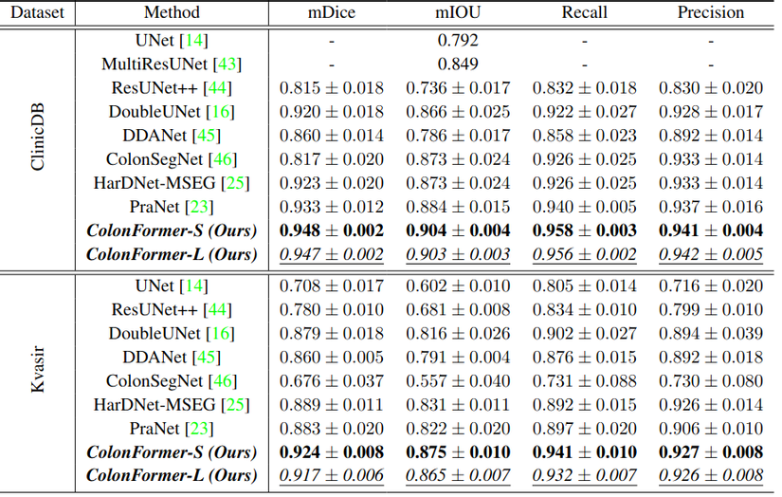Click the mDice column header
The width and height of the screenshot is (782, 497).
point(331,13)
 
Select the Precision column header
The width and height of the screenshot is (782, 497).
point(710,13)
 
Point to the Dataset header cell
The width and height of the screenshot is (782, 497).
point(38,13)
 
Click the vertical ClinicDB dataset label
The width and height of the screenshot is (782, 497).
point(38,148)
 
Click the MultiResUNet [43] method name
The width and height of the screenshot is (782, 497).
point(172,64)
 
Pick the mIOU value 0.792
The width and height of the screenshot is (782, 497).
point(458,41)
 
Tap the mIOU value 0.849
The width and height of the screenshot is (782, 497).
point(458,64)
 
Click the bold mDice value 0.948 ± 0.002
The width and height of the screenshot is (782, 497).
point(331,230)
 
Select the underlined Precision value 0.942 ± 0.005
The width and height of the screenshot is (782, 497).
point(710,254)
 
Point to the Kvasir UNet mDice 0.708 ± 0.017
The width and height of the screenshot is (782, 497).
point(331,285)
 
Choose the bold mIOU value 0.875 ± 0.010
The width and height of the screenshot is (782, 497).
point(458,451)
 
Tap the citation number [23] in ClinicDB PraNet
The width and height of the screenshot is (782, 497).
point(199,207)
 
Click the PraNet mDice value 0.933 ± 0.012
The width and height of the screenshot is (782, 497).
point(331,207)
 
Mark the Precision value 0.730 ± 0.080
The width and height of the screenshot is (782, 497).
point(710,380)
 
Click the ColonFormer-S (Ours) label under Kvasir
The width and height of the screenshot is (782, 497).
point(172,451)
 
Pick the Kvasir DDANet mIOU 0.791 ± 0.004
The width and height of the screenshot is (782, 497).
point(458,357)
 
